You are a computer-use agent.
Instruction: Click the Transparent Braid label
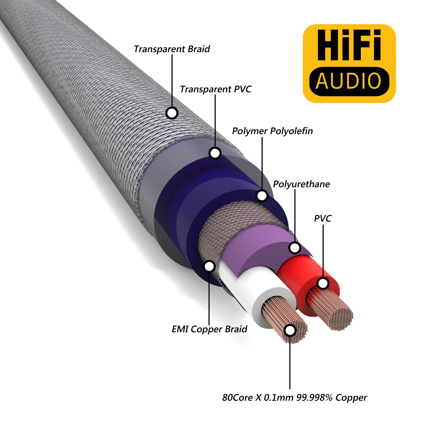point(172,49)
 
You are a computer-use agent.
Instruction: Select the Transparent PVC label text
point(216,89)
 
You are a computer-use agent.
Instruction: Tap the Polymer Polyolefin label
point(272,131)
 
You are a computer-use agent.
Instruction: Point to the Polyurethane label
point(301,184)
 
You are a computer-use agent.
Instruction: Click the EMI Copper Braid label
point(209,329)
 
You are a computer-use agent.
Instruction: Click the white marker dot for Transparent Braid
point(172,113)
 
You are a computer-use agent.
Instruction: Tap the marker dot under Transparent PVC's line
point(215,153)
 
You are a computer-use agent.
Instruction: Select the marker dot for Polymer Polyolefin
point(262,196)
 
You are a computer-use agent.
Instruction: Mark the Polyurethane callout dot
point(295,248)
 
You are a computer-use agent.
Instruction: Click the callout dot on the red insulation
point(323,283)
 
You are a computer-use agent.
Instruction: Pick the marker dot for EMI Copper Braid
point(209,266)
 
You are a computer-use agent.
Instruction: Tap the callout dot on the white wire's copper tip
point(290,330)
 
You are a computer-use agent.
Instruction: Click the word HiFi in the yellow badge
point(349,45)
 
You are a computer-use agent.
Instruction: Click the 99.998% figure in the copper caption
point(314,398)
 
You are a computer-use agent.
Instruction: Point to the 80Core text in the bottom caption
point(238,398)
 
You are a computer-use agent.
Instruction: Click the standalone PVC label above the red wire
point(323,219)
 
